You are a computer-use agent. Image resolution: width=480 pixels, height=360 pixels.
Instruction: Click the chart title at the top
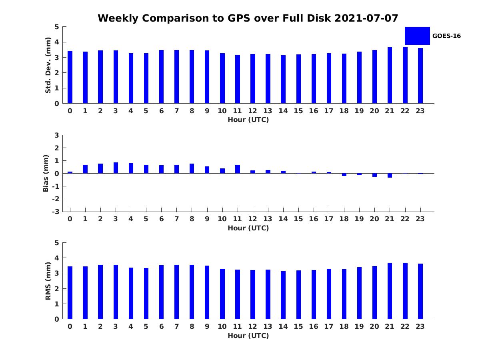pyautogui.click(x=248, y=18)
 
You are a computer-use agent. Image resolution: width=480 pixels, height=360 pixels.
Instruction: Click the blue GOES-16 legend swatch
pyautogui.click(x=417, y=36)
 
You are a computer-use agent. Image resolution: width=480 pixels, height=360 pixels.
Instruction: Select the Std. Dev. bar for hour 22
pyautogui.click(x=405, y=75)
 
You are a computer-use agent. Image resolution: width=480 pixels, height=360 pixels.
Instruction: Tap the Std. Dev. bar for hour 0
pyautogui.click(x=70, y=77)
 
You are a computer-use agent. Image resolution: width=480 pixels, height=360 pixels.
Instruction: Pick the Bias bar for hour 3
pyautogui.click(x=116, y=168)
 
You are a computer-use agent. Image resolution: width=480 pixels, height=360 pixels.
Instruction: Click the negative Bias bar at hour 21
pyautogui.click(x=390, y=175)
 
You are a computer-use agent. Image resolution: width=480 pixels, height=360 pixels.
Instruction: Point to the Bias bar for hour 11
pyautogui.click(x=238, y=169)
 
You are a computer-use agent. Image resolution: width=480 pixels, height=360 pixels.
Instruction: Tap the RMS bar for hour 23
pyautogui.click(x=420, y=291)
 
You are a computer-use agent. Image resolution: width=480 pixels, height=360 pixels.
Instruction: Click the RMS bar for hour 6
pyautogui.click(x=161, y=292)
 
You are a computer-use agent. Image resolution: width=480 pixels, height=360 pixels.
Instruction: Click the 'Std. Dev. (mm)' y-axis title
pyautogui.click(x=48, y=65)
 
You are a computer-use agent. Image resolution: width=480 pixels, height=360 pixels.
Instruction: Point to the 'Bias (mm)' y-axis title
pyautogui.click(x=46, y=173)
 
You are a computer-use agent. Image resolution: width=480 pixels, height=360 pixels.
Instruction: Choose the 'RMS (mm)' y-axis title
pyautogui.click(x=48, y=281)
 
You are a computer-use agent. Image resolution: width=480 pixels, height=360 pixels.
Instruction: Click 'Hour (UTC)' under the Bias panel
pyautogui.click(x=248, y=228)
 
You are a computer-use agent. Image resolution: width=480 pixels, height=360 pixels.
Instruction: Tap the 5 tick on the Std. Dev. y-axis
pyautogui.click(x=57, y=27)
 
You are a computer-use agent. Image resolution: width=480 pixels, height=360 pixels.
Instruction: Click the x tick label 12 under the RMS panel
pyautogui.click(x=252, y=326)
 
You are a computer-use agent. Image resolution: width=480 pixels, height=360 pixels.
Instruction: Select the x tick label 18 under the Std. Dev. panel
pyautogui.click(x=344, y=111)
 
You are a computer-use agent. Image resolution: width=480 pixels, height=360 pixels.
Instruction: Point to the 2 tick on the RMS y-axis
pyautogui.click(x=57, y=289)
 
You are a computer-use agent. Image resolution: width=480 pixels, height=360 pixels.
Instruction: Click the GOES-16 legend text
pyautogui.click(x=446, y=36)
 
